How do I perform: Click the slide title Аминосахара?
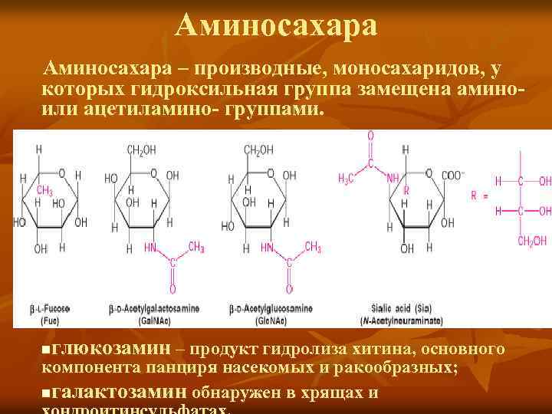276,26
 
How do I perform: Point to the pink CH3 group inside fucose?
44,191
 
